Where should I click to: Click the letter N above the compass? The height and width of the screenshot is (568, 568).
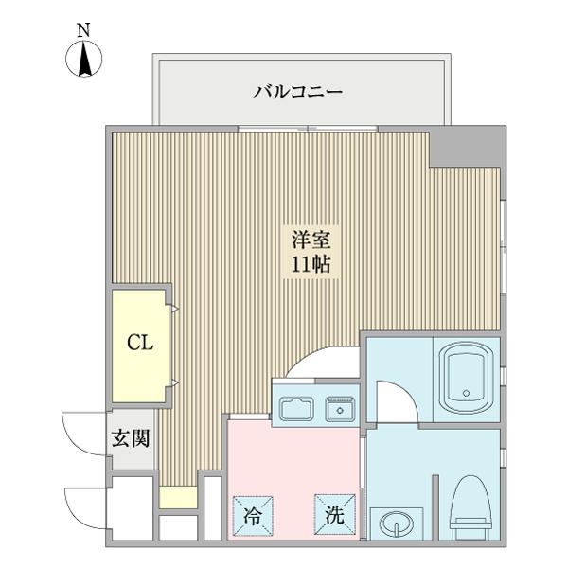coord(84,29)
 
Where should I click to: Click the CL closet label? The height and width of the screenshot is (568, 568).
coord(141,343)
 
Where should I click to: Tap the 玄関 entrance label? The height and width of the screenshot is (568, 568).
coord(130,439)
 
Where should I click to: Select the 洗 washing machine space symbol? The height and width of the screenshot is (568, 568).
coord(335,516)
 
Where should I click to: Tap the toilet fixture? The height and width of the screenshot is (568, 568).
coord(469,506)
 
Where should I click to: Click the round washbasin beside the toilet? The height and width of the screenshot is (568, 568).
coord(394,523)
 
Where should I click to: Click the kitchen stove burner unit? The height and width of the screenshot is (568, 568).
coord(339,409)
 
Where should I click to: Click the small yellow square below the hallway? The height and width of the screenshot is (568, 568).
coord(171,496)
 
